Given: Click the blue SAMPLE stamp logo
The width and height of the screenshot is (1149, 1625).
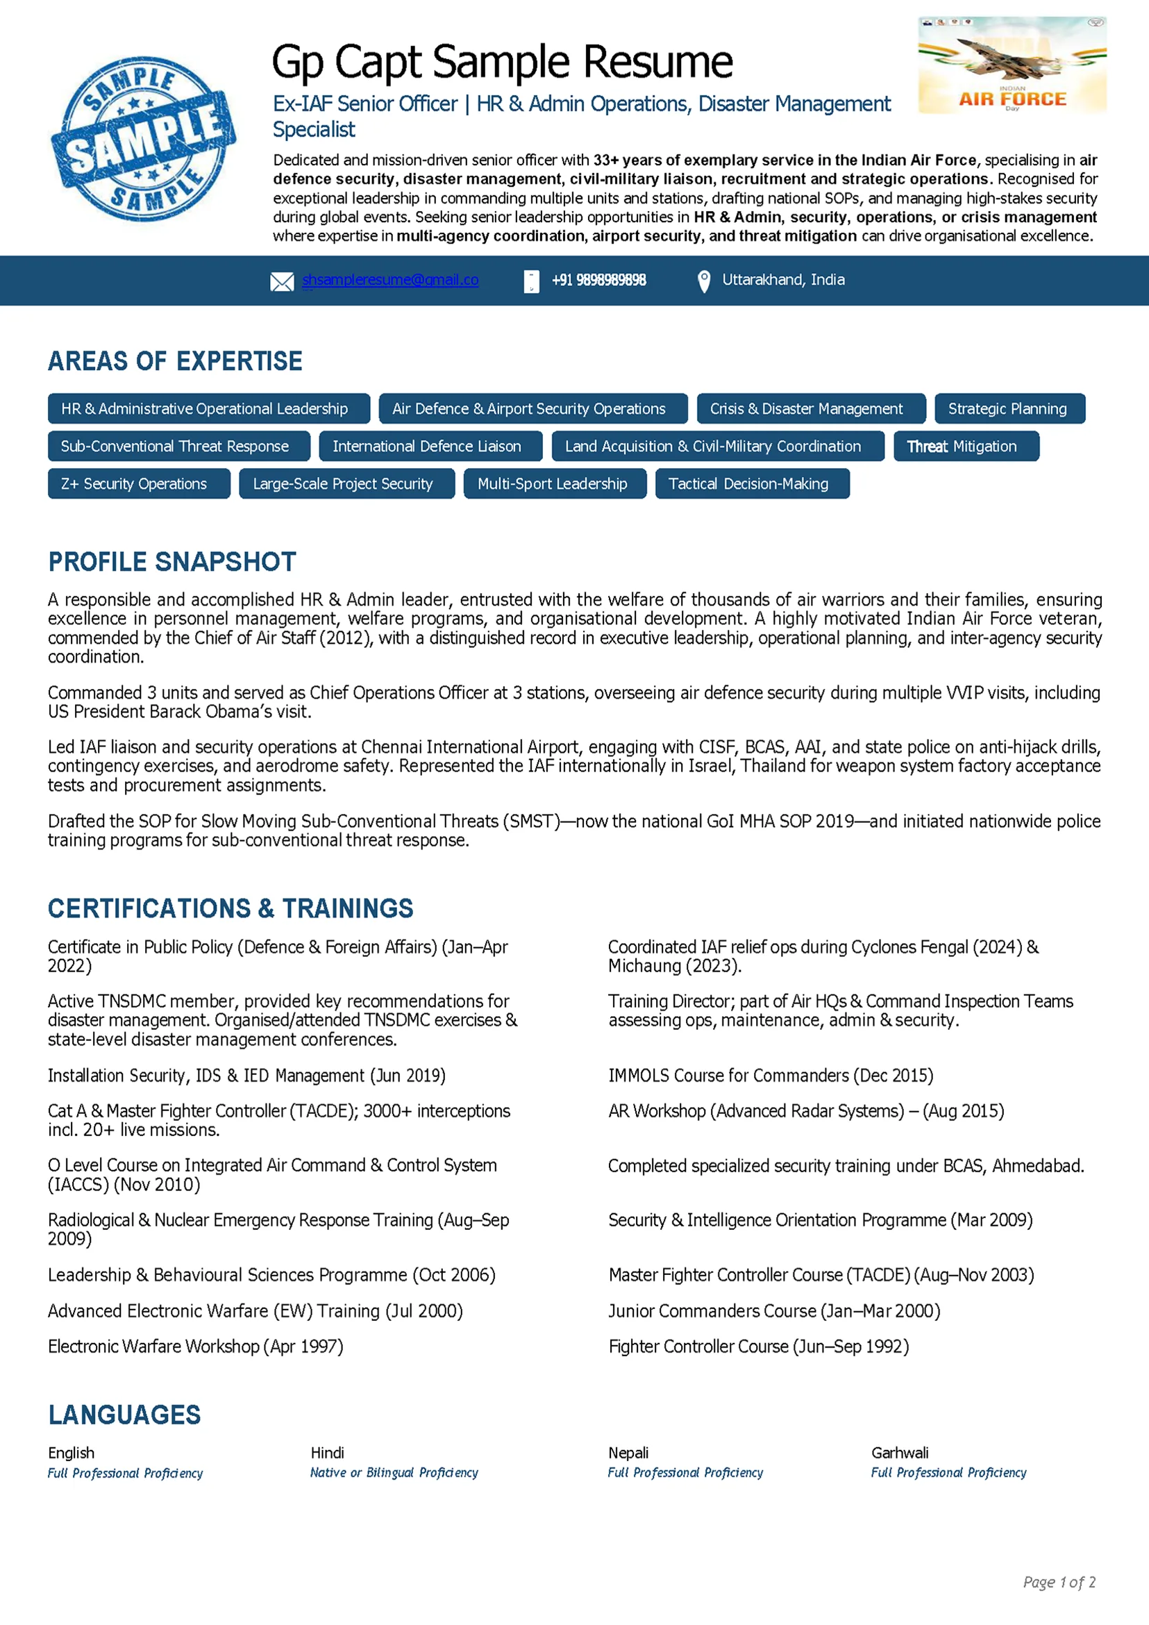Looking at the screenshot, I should click(x=144, y=139).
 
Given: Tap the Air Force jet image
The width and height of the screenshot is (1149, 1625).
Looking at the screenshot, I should click(x=1012, y=65).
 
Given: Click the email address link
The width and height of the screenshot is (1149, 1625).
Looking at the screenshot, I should click(x=390, y=280).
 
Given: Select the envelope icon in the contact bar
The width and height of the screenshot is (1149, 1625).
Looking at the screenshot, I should click(x=282, y=282).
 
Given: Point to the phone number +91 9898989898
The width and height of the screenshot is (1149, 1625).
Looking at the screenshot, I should click(x=598, y=281).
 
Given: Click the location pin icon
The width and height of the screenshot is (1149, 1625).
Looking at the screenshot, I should click(x=703, y=281).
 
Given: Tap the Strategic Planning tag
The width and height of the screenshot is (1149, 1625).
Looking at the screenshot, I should click(x=1009, y=408).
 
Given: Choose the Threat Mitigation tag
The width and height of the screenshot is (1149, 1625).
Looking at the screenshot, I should click(x=966, y=446).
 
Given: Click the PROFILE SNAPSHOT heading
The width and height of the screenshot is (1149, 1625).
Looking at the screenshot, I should click(x=172, y=562).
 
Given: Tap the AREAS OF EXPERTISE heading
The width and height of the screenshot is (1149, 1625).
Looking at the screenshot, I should click(x=175, y=361).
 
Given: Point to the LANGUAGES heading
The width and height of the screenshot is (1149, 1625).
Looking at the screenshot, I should click(x=124, y=1415).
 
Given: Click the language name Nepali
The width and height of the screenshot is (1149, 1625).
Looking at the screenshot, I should click(x=628, y=1452).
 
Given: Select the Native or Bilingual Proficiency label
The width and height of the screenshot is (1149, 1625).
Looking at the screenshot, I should click(x=394, y=1472).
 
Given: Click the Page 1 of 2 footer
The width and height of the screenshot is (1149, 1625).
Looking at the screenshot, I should click(x=1059, y=1582).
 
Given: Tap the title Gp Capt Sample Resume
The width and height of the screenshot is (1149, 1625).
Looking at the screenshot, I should click(x=502, y=62).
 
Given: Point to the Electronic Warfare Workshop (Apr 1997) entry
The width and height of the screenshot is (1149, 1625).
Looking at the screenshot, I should click(x=195, y=1346).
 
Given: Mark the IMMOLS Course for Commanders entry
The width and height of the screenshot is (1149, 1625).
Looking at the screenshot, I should click(x=771, y=1075).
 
